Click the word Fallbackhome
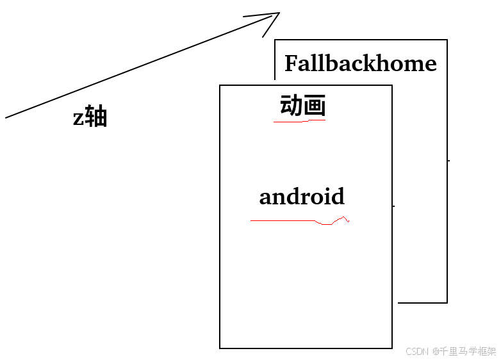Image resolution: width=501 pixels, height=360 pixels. coord(360,63)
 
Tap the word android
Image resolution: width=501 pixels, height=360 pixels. coord(302,197)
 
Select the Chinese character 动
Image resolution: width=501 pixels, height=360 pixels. coord(291,106)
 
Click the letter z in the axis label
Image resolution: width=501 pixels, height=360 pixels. coord(78,119)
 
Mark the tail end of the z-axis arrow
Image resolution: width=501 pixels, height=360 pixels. coord(6,117)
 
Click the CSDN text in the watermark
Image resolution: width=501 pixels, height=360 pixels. coord(416,351)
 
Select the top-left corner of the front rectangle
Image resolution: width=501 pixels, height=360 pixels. coord(220,85)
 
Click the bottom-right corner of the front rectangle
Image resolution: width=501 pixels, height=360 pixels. coord(392,348)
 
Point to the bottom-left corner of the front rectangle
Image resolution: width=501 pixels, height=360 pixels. coord(220,348)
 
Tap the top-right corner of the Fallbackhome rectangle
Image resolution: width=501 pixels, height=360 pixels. coord(447,40)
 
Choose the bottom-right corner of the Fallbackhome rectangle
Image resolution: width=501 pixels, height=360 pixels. coord(447,302)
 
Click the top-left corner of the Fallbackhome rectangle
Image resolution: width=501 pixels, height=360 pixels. coord(275,40)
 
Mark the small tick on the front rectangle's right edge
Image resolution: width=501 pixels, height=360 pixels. coord(393,206)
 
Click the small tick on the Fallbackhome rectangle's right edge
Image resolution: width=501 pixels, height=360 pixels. coord(448,160)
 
